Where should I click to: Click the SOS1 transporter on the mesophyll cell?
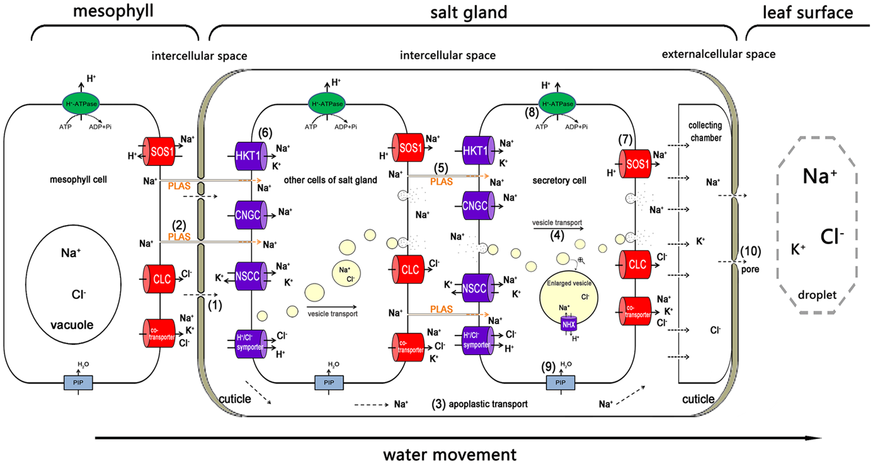160,152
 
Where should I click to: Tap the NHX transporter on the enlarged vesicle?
569,324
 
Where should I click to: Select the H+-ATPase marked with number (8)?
557,104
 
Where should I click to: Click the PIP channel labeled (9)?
560,382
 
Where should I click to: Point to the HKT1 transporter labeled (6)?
249,156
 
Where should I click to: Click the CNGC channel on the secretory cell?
477,205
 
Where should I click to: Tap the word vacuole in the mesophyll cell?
72,325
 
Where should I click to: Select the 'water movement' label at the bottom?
450,454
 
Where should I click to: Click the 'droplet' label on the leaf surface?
817,295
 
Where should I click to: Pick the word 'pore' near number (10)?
750,269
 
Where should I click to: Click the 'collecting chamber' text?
705,131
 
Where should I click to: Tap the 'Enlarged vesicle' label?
569,283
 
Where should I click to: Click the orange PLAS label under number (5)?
441,181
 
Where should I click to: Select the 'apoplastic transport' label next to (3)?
488,404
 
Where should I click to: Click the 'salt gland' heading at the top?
468,12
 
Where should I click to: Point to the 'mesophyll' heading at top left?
113,11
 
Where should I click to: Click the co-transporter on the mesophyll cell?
160,333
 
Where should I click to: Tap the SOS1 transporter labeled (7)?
636,164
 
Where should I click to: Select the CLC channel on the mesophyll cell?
160,279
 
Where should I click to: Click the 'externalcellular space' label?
718,54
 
